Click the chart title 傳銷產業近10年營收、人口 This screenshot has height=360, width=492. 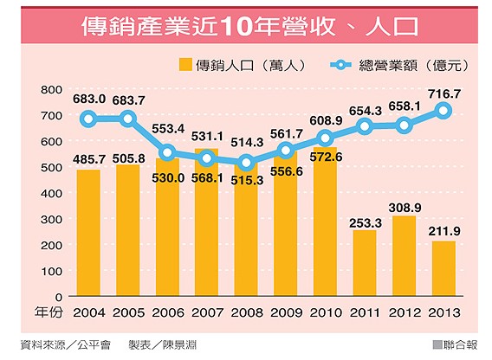tap(246, 25)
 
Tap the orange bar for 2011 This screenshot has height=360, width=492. tap(365, 263)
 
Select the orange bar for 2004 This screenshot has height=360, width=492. tap(87, 233)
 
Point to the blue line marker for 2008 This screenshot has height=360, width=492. tap(246, 163)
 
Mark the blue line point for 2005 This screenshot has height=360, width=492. tap(127, 119)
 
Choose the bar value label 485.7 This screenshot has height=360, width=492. tap(87, 159)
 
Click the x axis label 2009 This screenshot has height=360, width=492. tap(286, 312)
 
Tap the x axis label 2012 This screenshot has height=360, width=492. tap(405, 312)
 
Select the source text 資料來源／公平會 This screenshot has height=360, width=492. tap(64, 344)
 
